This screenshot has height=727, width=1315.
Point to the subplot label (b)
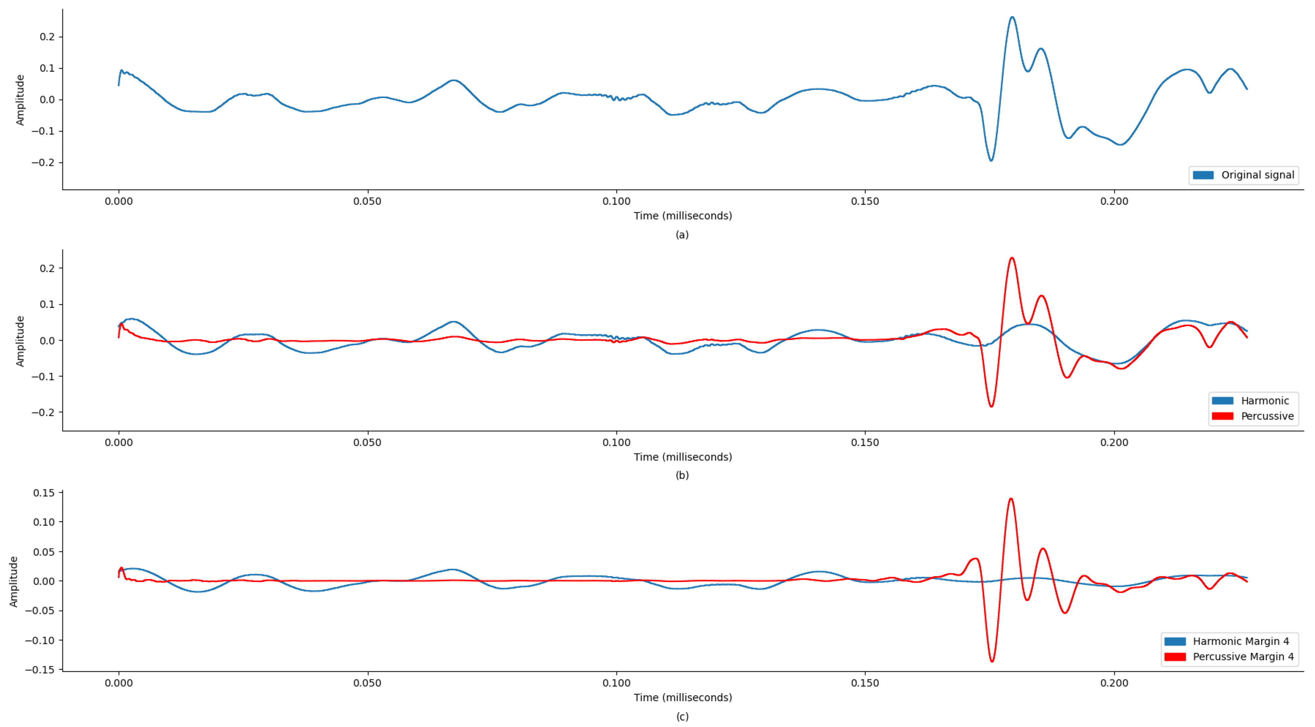682,475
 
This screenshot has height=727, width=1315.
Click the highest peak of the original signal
1012,17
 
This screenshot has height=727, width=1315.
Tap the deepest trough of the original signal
991,161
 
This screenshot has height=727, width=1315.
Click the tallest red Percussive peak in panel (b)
1012,258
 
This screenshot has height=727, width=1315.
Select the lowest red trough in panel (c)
992,662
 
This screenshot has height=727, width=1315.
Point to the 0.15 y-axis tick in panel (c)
44,493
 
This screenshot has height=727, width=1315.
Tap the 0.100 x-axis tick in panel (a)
616,201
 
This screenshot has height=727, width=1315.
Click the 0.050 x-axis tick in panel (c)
367,683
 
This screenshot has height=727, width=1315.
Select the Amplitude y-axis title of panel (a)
20,100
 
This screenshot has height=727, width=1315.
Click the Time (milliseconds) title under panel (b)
683,457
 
